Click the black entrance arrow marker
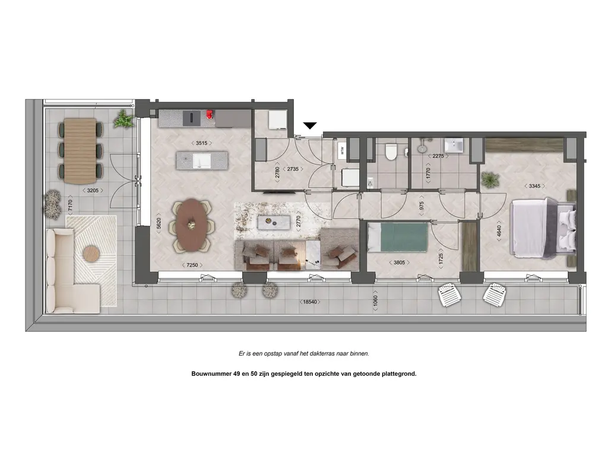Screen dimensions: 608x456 click(310, 126)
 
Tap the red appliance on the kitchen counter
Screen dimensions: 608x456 click(210, 114)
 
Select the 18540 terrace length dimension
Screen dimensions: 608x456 click(310, 302)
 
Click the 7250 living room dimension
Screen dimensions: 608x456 click(192, 265)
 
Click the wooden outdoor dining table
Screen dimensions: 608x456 click(80, 151)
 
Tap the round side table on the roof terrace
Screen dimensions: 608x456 click(91, 254)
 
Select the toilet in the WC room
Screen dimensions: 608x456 click(391, 152)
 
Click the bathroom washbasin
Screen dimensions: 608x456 click(454, 145)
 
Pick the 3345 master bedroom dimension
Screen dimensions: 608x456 click(534, 186)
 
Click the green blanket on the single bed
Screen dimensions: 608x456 click(404, 237)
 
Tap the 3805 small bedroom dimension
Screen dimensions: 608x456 click(399, 262)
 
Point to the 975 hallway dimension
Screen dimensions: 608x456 click(422, 206)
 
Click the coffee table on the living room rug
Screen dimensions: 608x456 click(274, 223)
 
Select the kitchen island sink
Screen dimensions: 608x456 click(202, 160)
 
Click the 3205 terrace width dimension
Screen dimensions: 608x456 click(93, 191)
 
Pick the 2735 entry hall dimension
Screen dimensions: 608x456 click(293, 169)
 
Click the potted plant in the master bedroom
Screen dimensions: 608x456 click(490, 180)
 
